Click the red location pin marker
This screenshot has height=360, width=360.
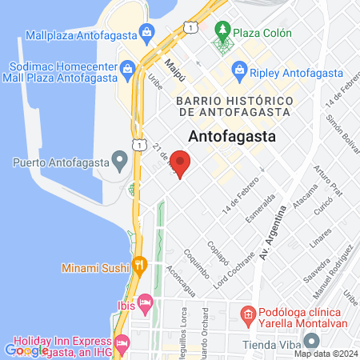[181, 166]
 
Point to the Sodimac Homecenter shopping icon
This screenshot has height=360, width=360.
[128, 70]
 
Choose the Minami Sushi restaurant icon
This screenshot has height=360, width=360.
[140, 265]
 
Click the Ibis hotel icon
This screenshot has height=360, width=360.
[145, 302]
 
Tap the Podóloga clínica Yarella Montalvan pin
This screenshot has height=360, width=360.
[249, 313]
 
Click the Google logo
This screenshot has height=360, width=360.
[26, 350]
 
